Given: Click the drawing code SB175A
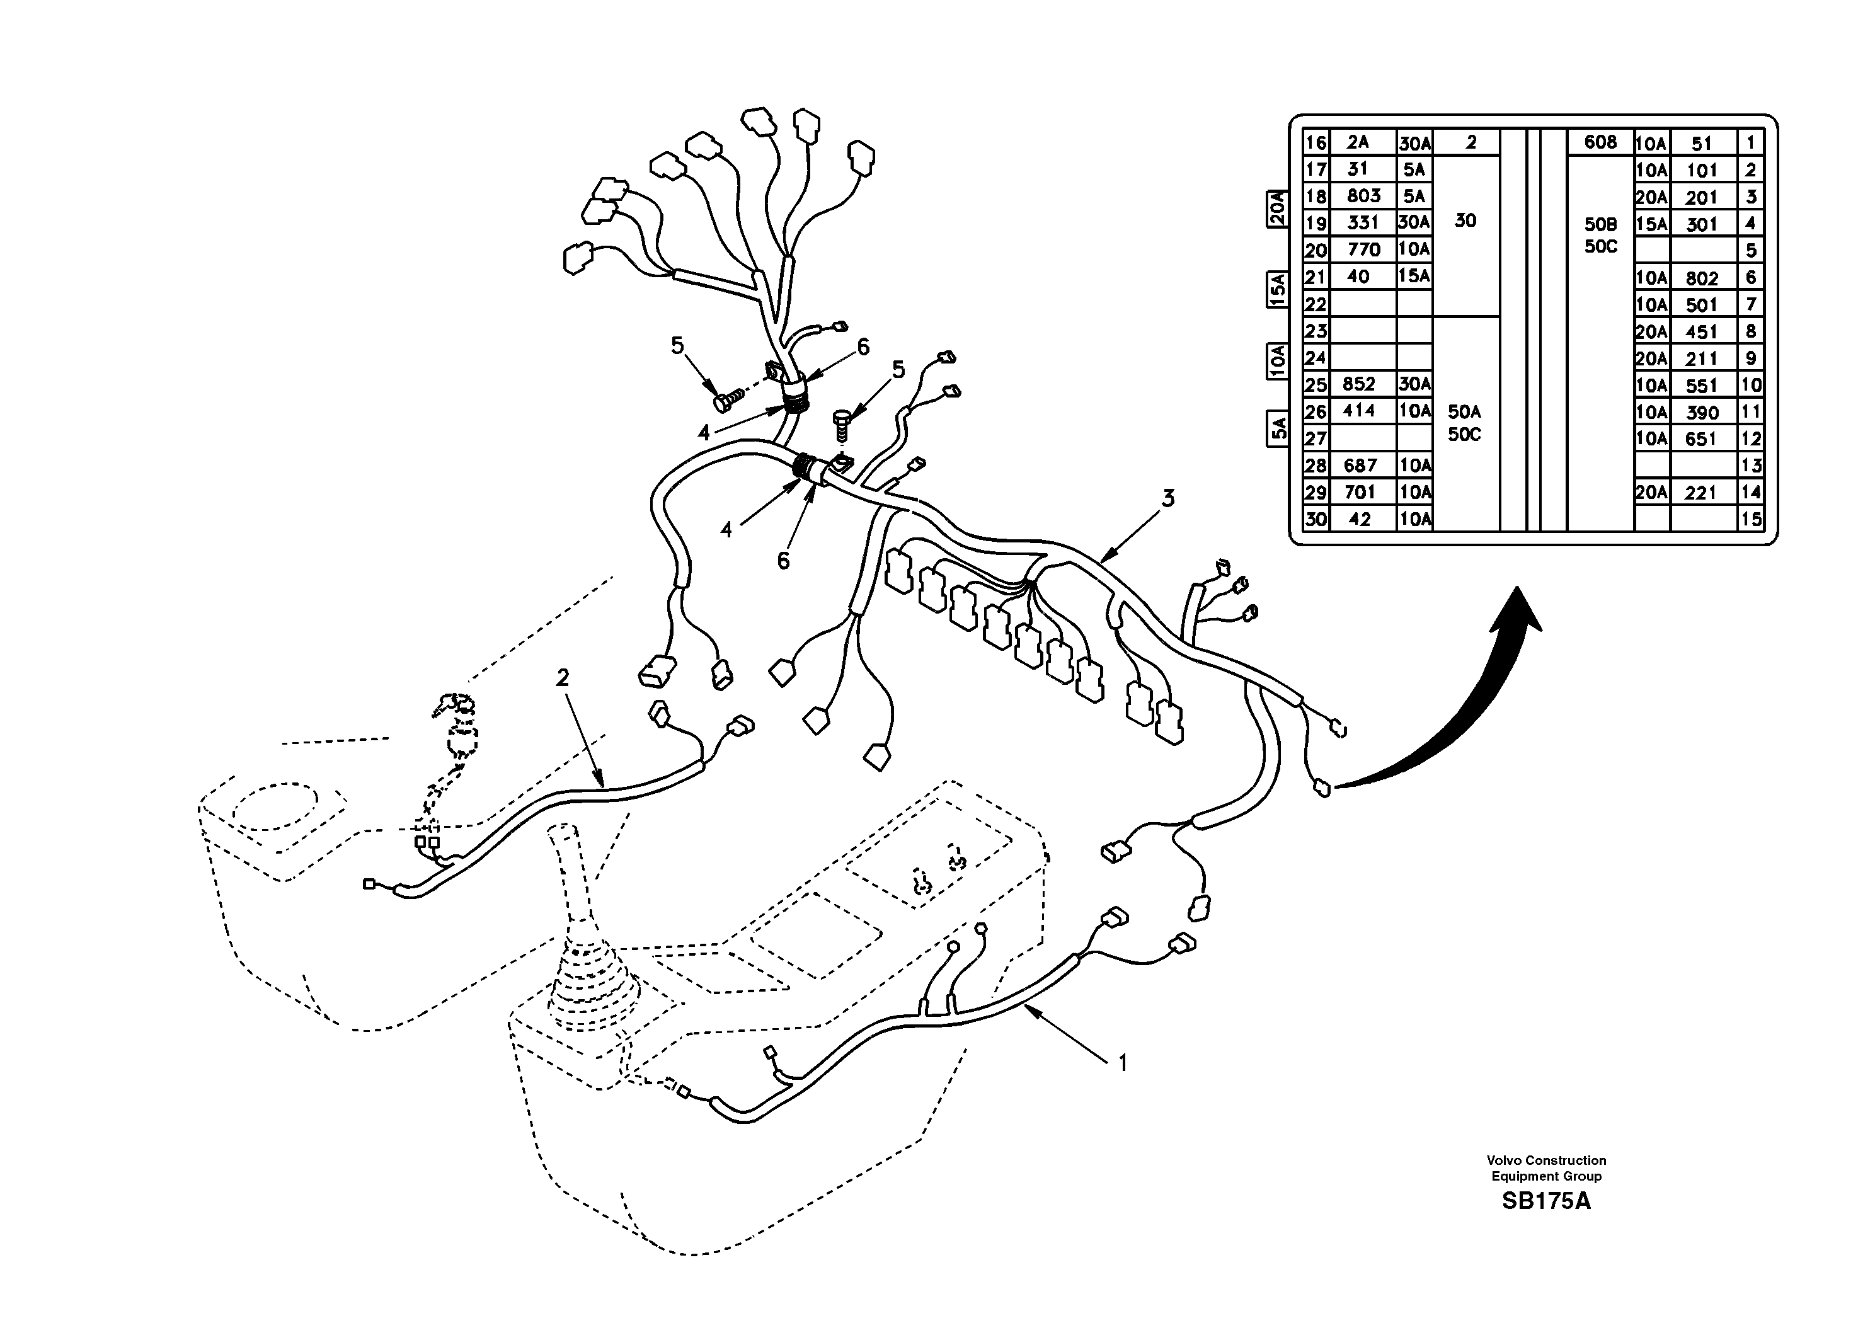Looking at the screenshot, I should coord(1546,1201).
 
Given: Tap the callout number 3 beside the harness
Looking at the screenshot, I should coord(1169,497).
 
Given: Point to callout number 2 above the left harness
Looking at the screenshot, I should coord(562,677).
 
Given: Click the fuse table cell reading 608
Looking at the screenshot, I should coord(1600,142).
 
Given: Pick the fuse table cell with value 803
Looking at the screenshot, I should coord(1363,196).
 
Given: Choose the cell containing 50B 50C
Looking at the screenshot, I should coord(1600,235).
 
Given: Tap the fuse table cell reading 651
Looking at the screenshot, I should coord(1702,439).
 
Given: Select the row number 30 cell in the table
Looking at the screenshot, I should coord(1315,519).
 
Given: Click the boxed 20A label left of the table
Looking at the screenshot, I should coord(1277,209).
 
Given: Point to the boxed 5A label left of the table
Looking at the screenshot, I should coord(1277,428).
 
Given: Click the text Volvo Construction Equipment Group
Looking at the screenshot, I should coord(1546,1168).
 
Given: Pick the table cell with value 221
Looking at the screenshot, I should coord(1702,493).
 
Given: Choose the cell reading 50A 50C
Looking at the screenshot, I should coord(1464,423).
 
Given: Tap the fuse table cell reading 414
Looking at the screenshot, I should coord(1359,411).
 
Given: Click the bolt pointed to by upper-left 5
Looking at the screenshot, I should coord(725,400).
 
